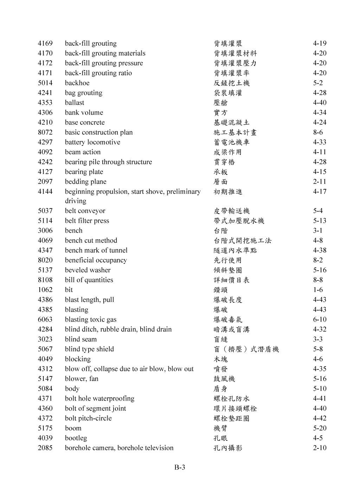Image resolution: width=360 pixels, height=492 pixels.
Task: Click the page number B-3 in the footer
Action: click(x=180, y=467)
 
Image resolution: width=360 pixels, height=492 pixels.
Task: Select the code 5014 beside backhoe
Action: click(x=45, y=83)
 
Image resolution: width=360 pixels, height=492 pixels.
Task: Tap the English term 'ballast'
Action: click(x=74, y=103)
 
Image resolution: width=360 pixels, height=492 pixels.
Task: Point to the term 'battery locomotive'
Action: click(x=92, y=142)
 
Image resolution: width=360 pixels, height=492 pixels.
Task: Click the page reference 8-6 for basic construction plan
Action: click(x=318, y=132)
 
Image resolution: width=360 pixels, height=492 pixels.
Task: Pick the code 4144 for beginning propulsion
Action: click(x=45, y=192)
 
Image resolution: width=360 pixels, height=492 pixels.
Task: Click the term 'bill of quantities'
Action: click(x=89, y=280)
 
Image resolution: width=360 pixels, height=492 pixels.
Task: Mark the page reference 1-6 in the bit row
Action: click(x=318, y=290)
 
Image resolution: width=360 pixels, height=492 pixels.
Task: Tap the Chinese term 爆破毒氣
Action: click(x=228, y=319)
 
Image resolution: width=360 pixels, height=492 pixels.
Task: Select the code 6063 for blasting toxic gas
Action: click(x=45, y=319)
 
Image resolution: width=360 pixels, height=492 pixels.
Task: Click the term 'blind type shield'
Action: click(x=89, y=349)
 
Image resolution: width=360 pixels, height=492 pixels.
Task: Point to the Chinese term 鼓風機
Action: click(x=224, y=378)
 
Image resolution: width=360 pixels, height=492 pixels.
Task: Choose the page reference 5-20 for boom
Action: click(x=320, y=428)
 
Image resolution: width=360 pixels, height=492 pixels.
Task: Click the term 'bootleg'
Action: click(x=76, y=438)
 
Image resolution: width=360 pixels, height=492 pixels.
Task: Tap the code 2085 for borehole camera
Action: click(x=45, y=448)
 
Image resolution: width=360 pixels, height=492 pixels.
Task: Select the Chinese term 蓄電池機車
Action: click(x=231, y=142)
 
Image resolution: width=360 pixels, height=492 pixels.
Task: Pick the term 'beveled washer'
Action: click(x=88, y=270)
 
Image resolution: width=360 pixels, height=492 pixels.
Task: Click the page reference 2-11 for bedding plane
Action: click(x=320, y=182)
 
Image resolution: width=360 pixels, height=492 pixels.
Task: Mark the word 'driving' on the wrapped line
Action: click(x=76, y=201)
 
